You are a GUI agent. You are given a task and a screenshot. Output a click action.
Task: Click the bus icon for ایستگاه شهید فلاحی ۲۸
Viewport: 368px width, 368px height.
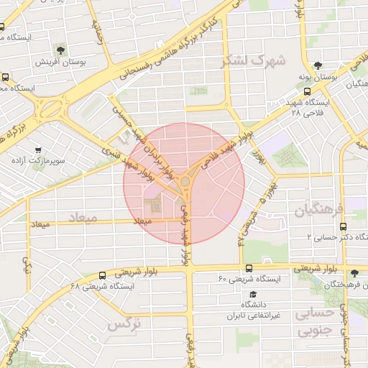click(x=308, y=91)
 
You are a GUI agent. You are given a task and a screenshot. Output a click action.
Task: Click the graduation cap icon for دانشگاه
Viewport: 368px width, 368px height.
click(x=252, y=295)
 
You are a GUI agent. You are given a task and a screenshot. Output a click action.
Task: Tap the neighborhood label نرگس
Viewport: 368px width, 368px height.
click(x=123, y=324)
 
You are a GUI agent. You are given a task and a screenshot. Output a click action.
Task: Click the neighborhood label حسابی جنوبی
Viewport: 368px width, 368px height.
click(x=316, y=321)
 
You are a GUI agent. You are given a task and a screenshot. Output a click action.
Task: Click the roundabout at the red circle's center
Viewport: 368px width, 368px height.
click(x=185, y=183)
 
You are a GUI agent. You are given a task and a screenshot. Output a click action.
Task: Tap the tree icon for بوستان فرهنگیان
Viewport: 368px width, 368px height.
click(x=354, y=273)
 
